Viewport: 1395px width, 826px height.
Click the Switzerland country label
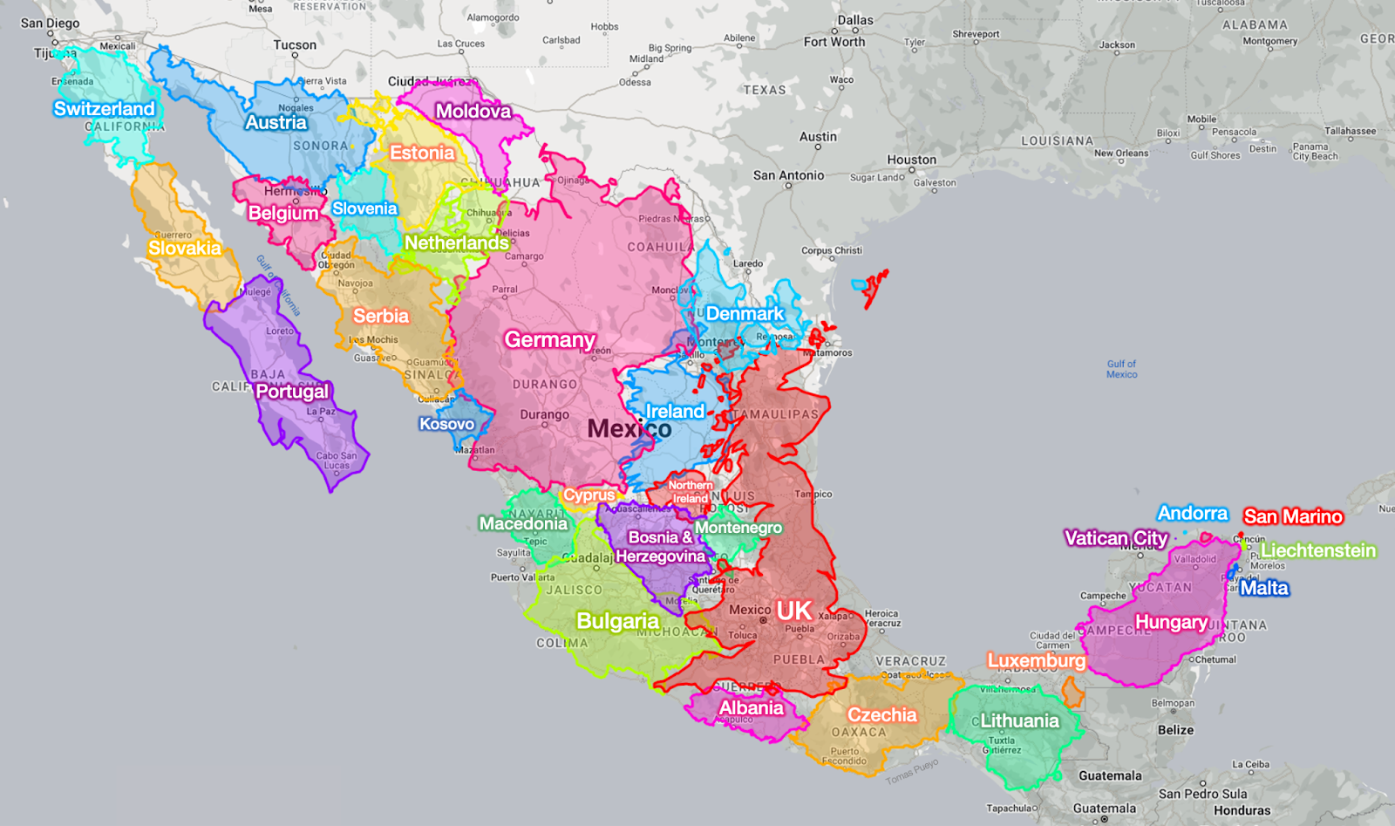click(104, 109)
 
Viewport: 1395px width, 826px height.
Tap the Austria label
click(276, 123)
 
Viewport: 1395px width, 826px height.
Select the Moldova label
click(473, 112)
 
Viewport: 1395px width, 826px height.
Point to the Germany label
click(549, 340)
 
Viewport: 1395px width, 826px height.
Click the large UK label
click(793, 611)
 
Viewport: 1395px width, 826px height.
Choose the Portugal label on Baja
click(292, 392)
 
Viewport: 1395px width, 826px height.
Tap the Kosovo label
click(446, 425)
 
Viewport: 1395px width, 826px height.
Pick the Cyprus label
click(589, 495)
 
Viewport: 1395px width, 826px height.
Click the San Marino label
click(1292, 517)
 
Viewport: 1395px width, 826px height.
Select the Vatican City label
click(1115, 539)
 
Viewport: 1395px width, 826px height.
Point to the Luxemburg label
click(1036, 661)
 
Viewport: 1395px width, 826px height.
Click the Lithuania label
click(1019, 721)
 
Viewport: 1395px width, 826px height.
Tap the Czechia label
click(881, 715)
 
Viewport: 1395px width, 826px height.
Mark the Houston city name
click(911, 160)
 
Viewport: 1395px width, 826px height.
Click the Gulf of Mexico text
click(1121, 369)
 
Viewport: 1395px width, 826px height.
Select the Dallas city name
click(854, 20)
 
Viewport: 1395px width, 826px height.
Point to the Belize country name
click(1175, 730)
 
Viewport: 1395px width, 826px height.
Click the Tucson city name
click(295, 45)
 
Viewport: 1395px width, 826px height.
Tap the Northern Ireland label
click(690, 492)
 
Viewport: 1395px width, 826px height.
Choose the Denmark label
click(745, 314)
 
